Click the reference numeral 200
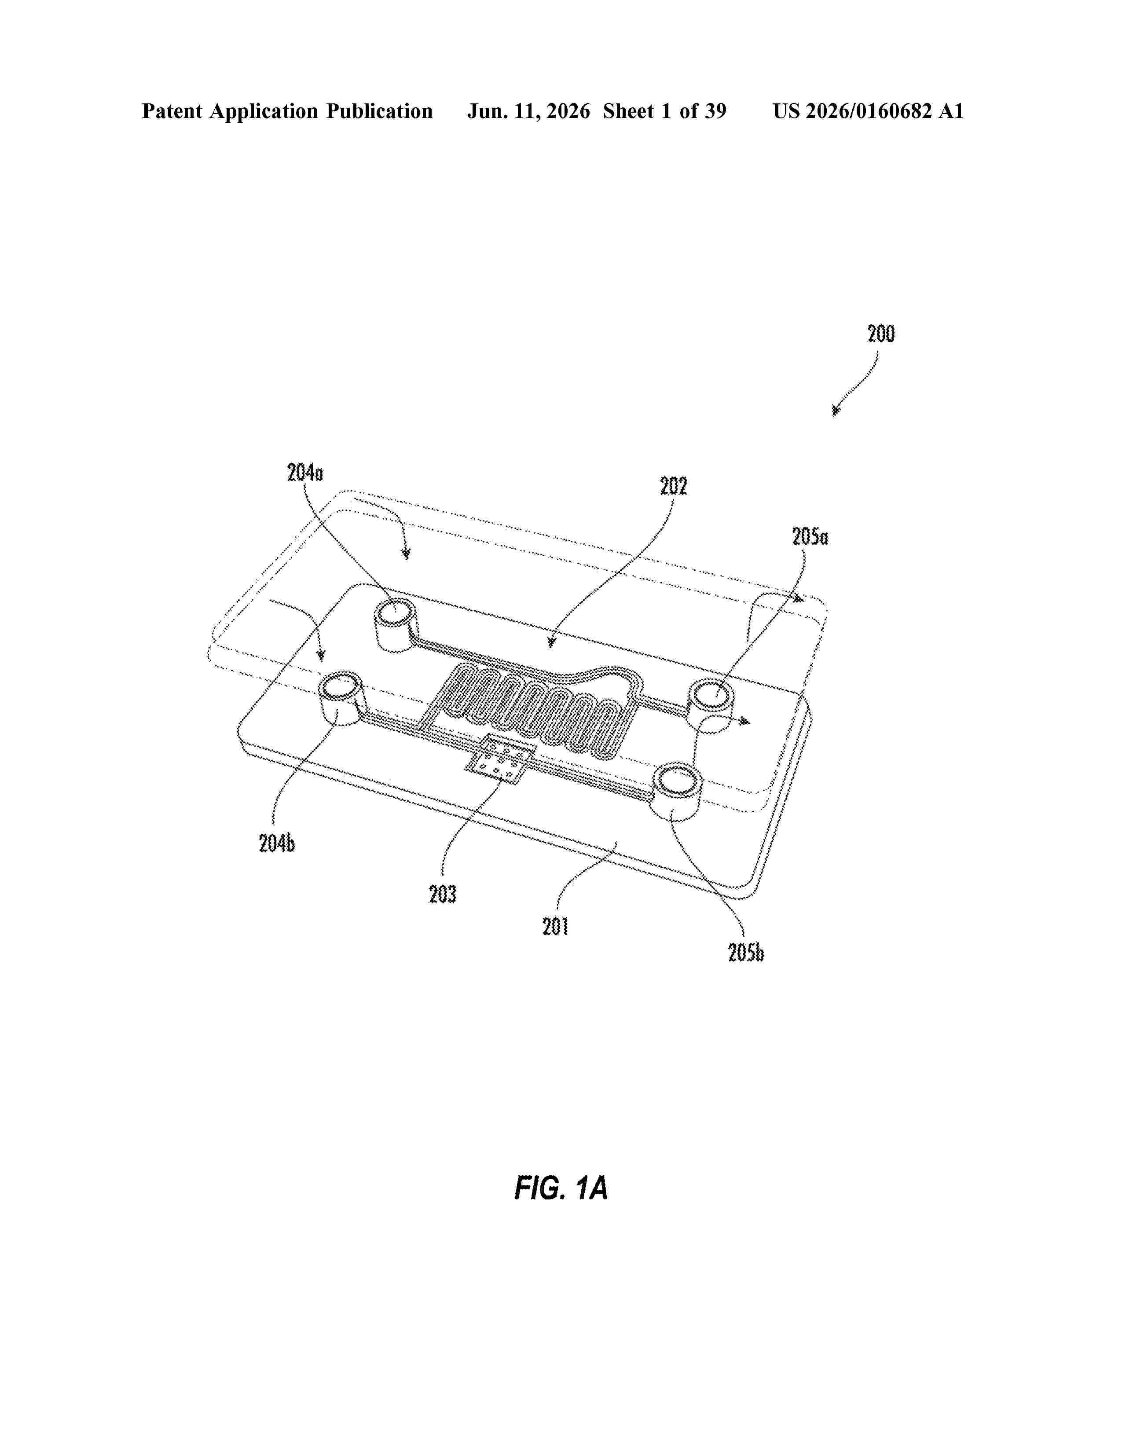coord(881,334)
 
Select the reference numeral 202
coord(673,486)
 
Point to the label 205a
coord(810,536)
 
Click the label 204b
coord(277,843)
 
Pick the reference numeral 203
coord(443,894)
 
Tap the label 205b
coord(746,953)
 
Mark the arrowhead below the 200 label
coord(836,411)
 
